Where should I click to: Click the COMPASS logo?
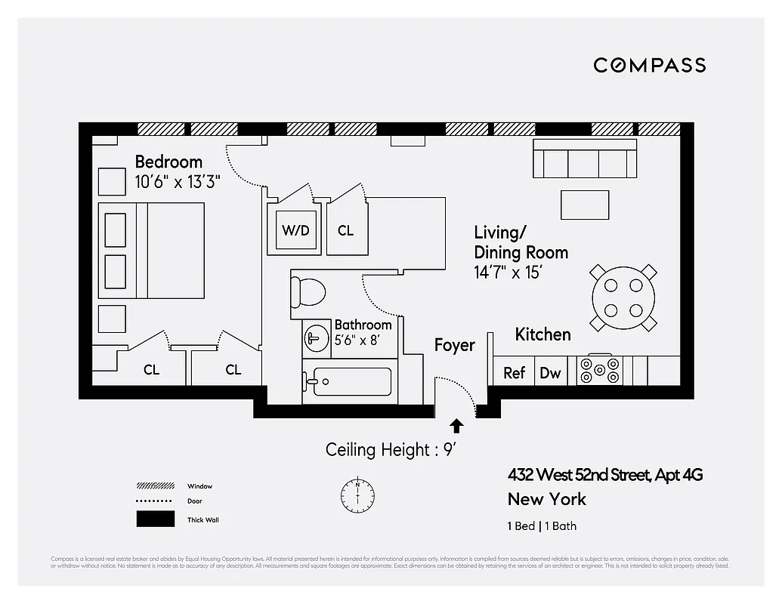pyautogui.click(x=649, y=65)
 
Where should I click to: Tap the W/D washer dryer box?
pyautogui.click(x=294, y=230)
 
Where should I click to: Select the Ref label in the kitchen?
pyautogui.click(x=514, y=372)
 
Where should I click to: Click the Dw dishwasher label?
pyautogui.click(x=550, y=372)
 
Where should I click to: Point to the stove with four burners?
pyautogui.click(x=599, y=370)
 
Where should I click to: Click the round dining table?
pyautogui.click(x=623, y=297)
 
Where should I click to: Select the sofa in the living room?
pyautogui.click(x=584, y=158)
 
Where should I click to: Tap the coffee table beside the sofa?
pyautogui.click(x=584, y=205)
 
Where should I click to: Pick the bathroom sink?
pyautogui.click(x=314, y=339)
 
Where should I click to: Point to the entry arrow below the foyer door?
pyautogui.click(x=456, y=426)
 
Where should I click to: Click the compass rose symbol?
pyautogui.click(x=357, y=494)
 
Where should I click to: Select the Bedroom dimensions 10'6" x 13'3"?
pyautogui.click(x=178, y=182)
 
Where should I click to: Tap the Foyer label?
pyautogui.click(x=454, y=345)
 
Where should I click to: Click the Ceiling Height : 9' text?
pyautogui.click(x=389, y=450)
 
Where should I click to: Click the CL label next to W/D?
pyautogui.click(x=345, y=230)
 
